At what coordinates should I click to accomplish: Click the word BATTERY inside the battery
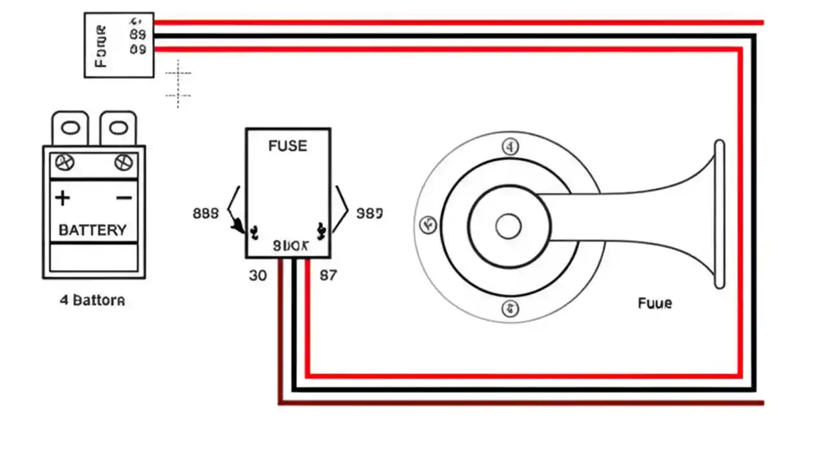(x=92, y=230)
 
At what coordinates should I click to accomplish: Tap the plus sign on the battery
(x=63, y=198)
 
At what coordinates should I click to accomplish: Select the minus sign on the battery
(x=124, y=198)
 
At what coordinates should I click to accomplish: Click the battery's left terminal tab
(x=70, y=128)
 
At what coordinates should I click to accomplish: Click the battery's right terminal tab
(x=118, y=128)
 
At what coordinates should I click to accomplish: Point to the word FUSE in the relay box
(x=288, y=146)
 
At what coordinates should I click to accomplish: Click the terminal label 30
(x=258, y=275)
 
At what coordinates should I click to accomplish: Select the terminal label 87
(x=328, y=275)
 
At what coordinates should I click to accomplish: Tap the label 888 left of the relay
(x=205, y=213)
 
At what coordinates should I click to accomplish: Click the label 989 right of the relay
(x=370, y=213)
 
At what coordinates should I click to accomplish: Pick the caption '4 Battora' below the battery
(x=92, y=300)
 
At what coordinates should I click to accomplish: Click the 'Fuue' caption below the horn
(x=654, y=303)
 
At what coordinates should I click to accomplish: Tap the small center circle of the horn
(x=508, y=227)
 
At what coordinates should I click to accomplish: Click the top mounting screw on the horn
(x=510, y=147)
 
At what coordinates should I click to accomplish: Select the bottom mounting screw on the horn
(x=510, y=308)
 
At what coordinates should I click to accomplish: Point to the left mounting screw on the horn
(x=427, y=225)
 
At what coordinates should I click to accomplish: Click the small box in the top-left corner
(x=119, y=45)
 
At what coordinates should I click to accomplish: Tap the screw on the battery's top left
(x=65, y=162)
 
